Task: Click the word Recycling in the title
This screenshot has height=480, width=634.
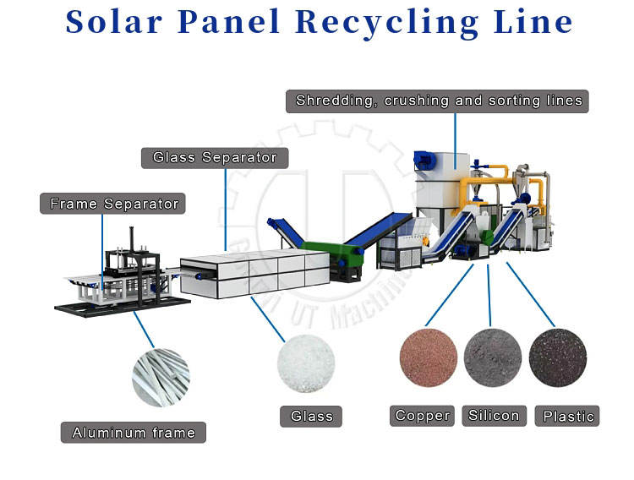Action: point(394,22)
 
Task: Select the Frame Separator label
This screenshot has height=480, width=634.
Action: point(114,204)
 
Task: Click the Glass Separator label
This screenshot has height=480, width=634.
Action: point(215,157)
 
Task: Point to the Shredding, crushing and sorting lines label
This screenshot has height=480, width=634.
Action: point(439,101)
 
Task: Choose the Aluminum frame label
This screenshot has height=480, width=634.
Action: point(134,433)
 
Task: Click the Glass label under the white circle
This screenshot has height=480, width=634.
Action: point(311,416)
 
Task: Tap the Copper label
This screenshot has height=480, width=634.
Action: point(423,415)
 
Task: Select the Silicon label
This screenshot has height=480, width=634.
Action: point(494,415)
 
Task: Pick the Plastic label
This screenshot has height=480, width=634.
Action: point(569,416)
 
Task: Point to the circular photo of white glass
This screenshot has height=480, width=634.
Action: point(306,365)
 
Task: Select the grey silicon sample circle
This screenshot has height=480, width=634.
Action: point(492,357)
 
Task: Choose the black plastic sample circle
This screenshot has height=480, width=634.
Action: point(557,357)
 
